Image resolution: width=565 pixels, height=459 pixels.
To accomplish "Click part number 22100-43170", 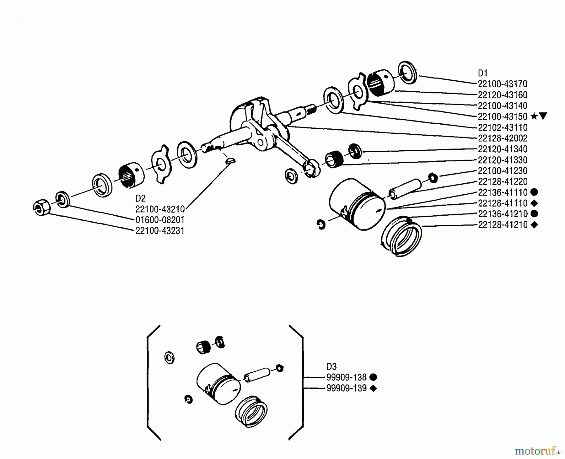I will pyautogui.click(x=502, y=84).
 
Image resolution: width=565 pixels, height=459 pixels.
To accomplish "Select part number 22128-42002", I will pyautogui.click(x=502, y=138).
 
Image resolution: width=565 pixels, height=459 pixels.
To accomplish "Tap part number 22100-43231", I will pyautogui.click(x=160, y=231).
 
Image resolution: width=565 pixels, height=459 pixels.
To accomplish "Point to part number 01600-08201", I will pyautogui.click(x=160, y=220).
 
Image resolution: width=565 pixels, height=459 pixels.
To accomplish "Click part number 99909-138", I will pyautogui.click(x=346, y=377).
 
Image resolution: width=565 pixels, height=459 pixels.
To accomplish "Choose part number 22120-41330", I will pyautogui.click(x=502, y=160).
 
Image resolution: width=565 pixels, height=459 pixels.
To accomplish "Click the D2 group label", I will pyautogui.click(x=141, y=198).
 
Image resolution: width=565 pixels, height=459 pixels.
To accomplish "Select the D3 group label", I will pyautogui.click(x=331, y=367).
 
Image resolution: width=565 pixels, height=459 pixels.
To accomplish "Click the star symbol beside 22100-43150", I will pyautogui.click(x=534, y=117).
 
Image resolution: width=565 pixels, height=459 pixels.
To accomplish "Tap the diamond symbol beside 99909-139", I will pyautogui.click(x=373, y=389).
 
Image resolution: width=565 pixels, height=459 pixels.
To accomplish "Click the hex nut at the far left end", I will pyautogui.click(x=41, y=208).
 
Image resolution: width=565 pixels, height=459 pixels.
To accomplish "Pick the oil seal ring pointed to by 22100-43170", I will pyautogui.click(x=407, y=73).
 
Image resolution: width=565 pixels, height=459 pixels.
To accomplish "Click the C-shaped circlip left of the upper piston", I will pyautogui.click(x=321, y=224).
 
